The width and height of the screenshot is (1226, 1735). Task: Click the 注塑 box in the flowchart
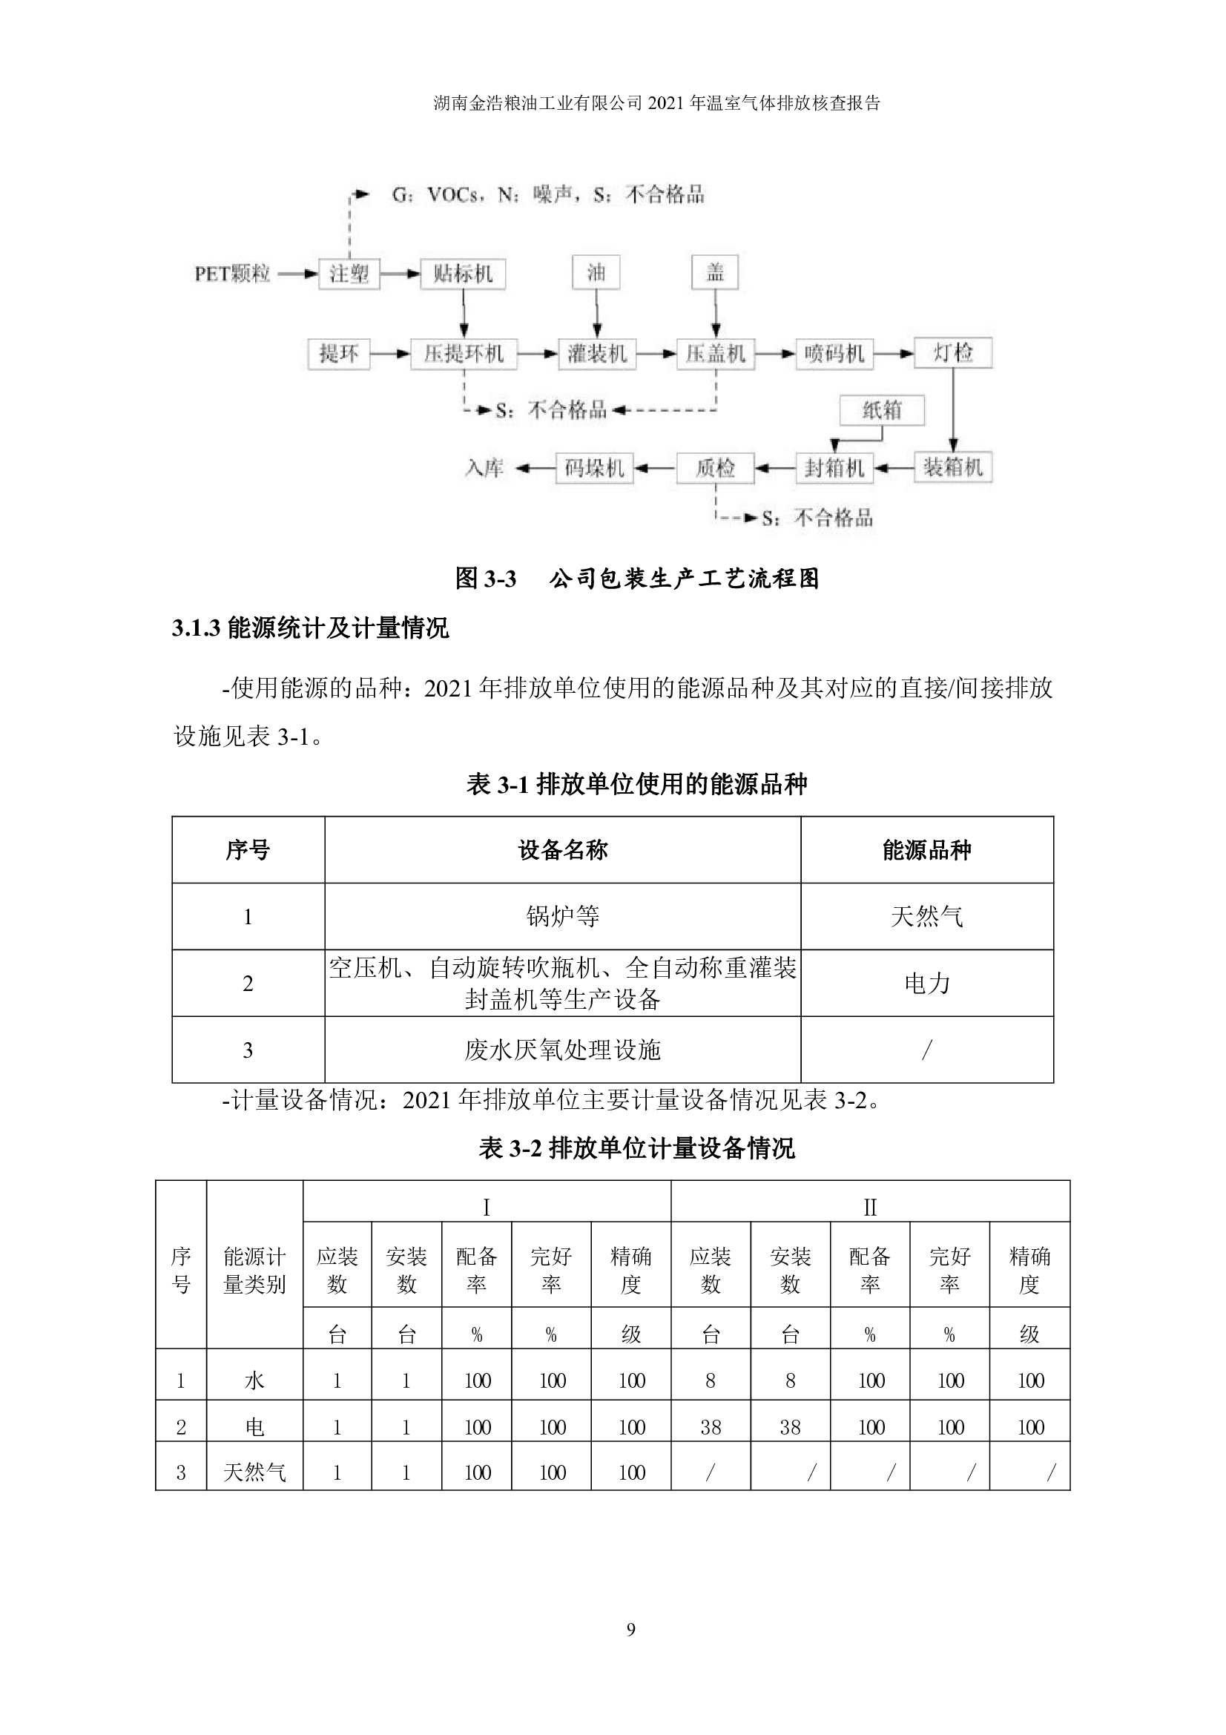click(x=349, y=274)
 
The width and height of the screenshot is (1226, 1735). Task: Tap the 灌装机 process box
click(x=597, y=354)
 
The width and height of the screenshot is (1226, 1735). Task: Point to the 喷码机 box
click(x=834, y=354)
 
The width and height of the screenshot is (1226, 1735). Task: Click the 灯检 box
click(x=952, y=353)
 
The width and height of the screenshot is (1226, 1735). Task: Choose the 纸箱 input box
click(x=882, y=410)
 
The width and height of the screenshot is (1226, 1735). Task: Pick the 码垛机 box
click(x=594, y=469)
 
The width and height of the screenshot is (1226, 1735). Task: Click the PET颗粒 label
click(x=232, y=274)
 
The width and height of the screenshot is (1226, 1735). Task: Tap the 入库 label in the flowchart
click(x=484, y=469)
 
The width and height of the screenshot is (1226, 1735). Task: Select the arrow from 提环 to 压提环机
click(x=390, y=354)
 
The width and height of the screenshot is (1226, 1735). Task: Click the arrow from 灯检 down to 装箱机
click(x=953, y=410)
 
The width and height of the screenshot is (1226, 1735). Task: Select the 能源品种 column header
click(x=926, y=850)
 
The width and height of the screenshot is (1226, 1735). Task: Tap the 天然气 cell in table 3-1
click(x=926, y=917)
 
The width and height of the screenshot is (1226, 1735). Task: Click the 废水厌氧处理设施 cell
click(x=562, y=1050)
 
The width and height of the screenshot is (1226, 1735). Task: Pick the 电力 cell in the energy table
click(x=926, y=983)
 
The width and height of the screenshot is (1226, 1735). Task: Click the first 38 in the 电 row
click(x=710, y=1427)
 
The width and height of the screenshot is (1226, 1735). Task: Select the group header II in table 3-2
click(x=869, y=1208)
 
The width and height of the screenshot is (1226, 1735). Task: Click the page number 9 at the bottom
click(x=630, y=1630)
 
